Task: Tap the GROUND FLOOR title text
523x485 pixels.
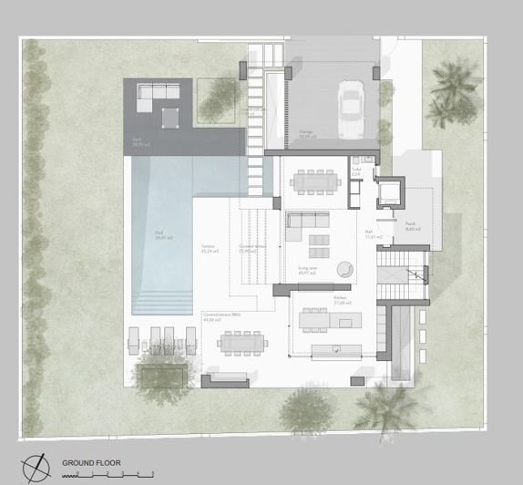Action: coord(91,463)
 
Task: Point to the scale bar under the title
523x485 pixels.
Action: coord(113,474)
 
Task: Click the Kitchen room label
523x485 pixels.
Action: coord(313,299)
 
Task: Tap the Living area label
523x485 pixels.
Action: coord(307,269)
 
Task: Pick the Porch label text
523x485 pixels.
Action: coord(411,228)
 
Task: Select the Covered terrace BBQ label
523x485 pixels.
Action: coord(221,315)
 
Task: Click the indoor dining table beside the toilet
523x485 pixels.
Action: coord(314,181)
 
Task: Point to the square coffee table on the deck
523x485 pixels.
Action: coord(170,118)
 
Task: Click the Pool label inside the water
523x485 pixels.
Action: coord(163,238)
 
